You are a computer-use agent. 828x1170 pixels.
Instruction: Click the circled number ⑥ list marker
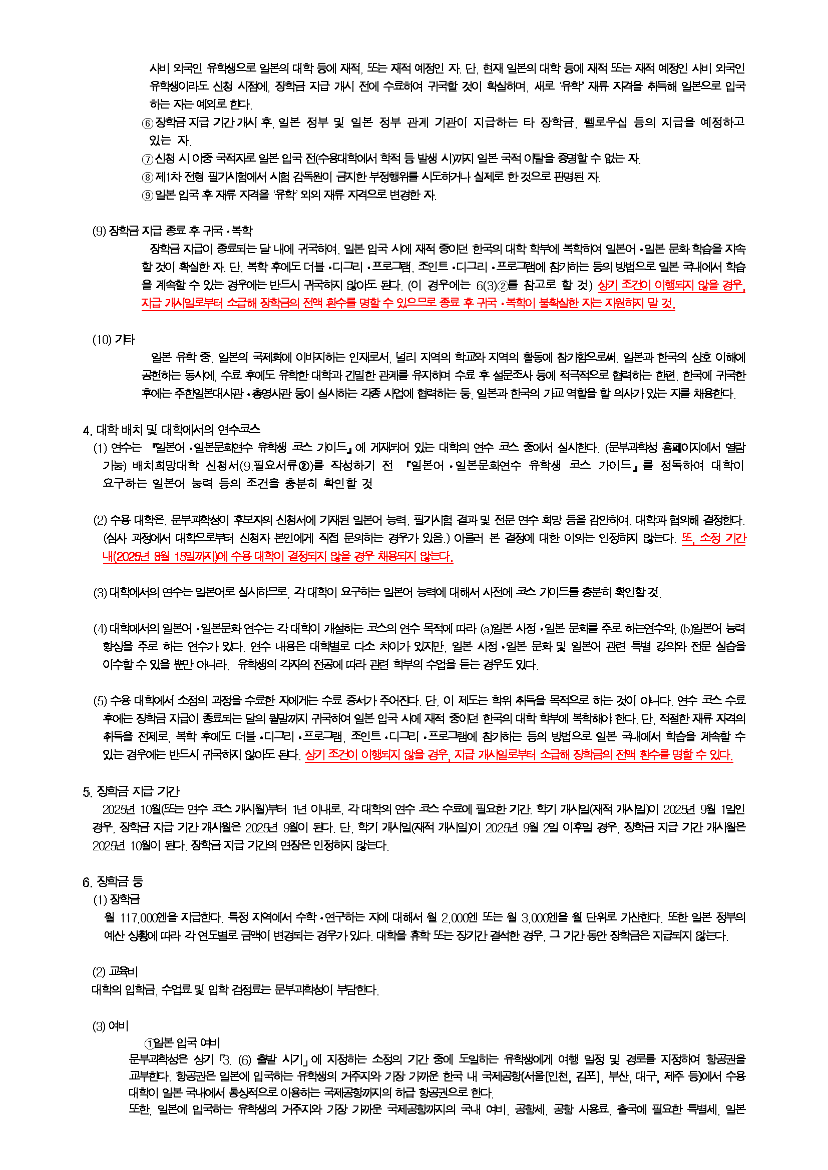[x=148, y=123]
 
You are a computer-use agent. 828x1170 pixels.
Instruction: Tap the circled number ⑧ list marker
[x=148, y=178]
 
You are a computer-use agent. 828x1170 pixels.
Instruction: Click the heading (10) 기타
[x=114, y=340]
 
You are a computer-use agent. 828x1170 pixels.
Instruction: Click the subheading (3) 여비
[x=111, y=1026]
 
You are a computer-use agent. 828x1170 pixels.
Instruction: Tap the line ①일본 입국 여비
[x=183, y=1043]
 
